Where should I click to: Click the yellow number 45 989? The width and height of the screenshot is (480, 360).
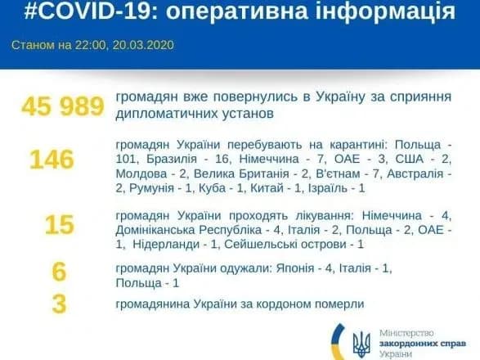(x=63, y=106)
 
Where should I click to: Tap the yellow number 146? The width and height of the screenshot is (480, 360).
(x=52, y=159)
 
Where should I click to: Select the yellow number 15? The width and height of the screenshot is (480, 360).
(x=58, y=223)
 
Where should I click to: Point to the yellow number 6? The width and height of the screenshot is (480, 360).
(x=58, y=271)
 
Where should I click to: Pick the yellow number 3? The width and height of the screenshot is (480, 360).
(x=58, y=304)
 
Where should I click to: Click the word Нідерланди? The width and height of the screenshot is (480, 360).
(x=166, y=245)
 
